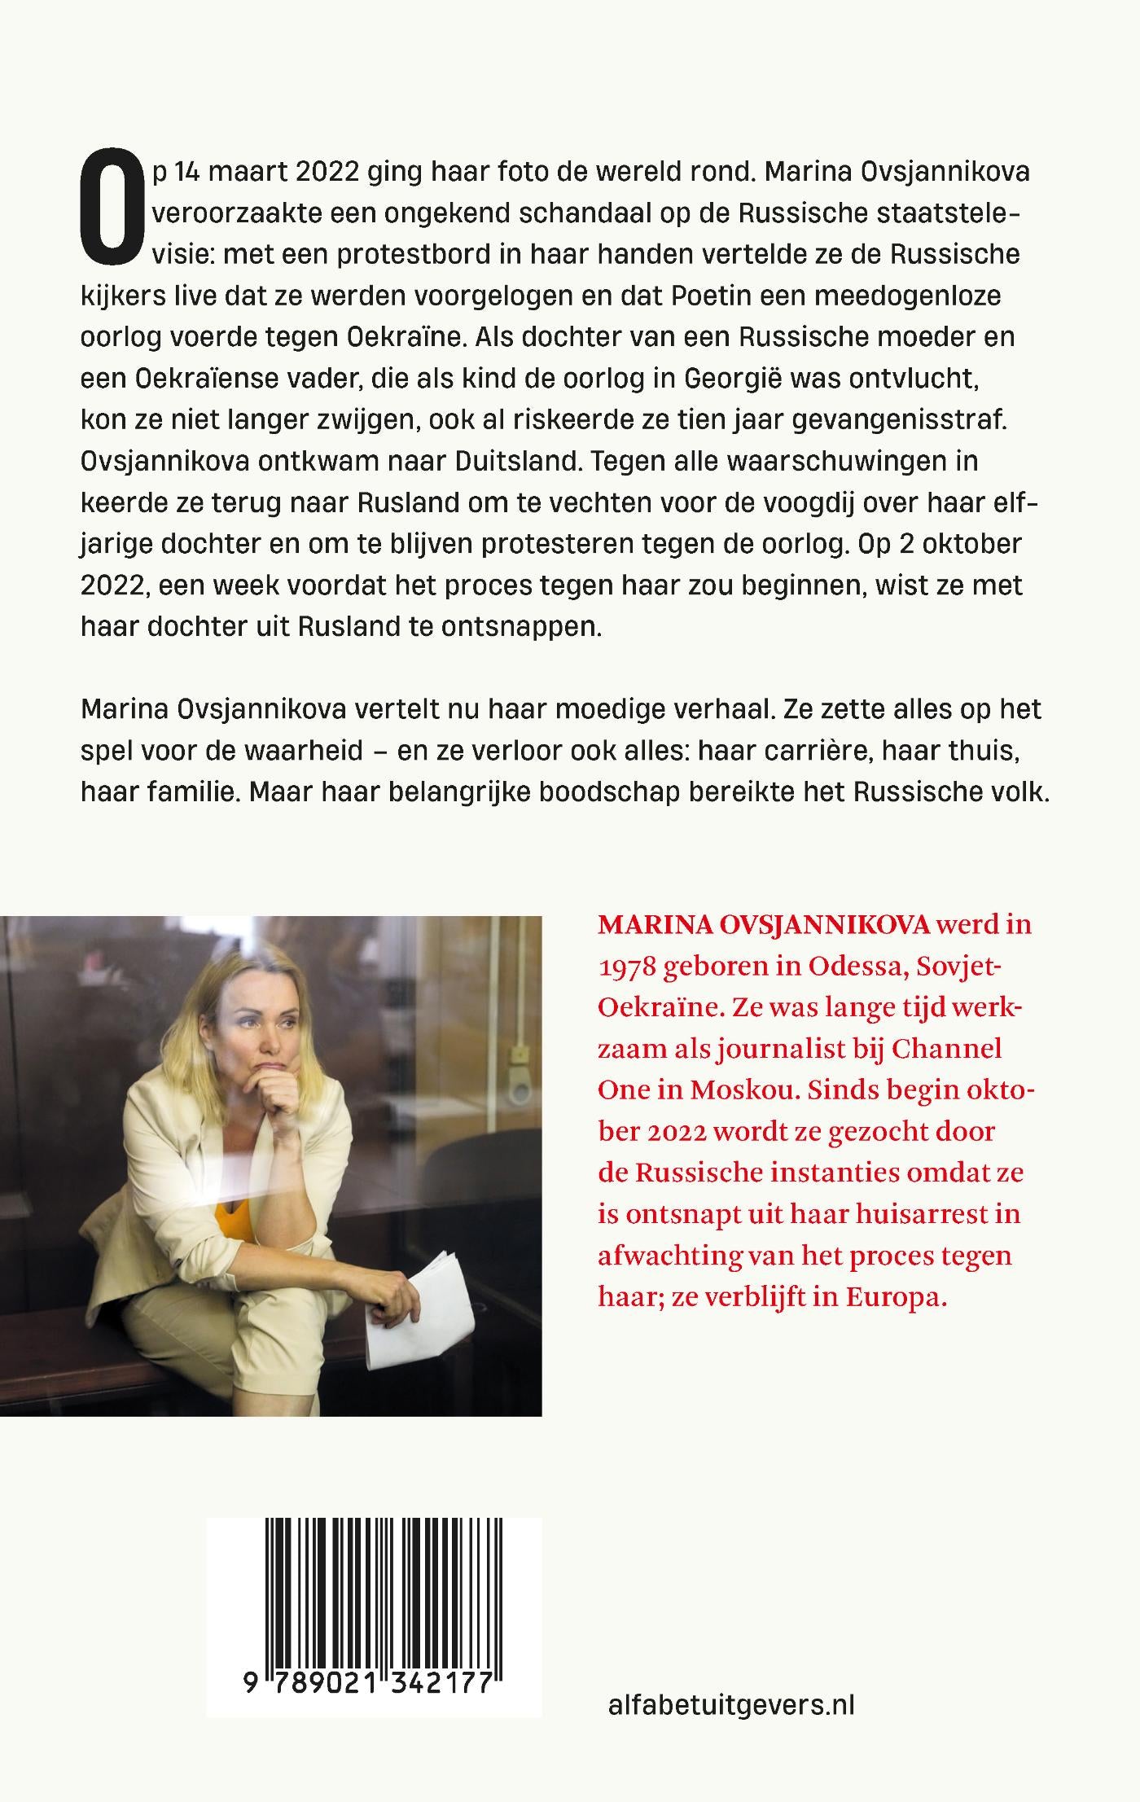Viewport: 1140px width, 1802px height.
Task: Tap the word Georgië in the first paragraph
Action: point(733,379)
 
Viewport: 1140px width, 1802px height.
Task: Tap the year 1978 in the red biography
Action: point(626,967)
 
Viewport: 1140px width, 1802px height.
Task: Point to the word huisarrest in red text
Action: point(853,1214)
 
